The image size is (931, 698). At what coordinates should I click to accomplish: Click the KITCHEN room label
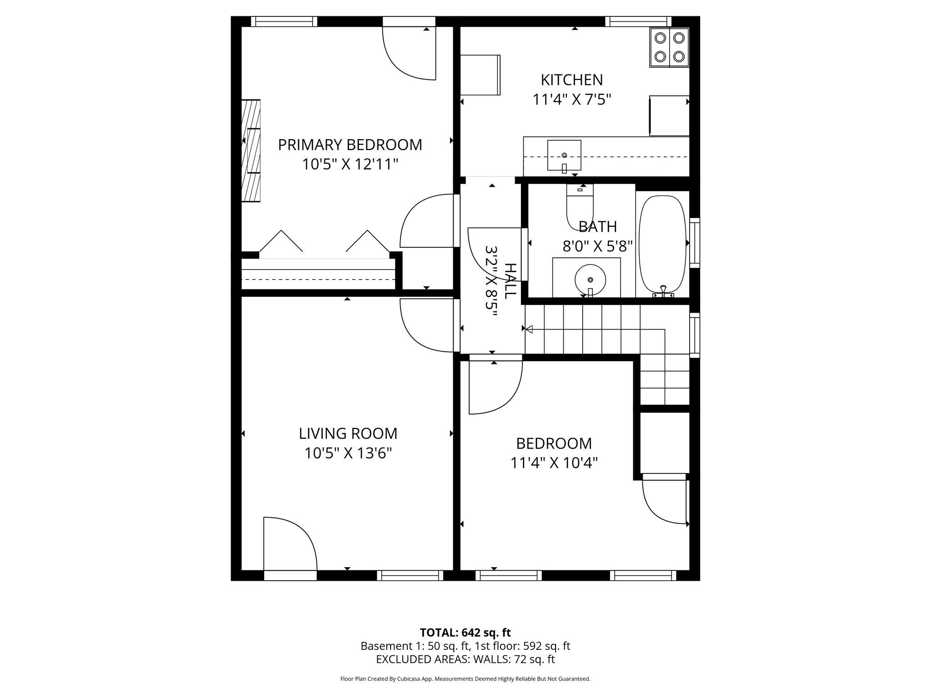571,80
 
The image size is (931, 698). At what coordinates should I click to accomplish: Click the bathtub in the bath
662,244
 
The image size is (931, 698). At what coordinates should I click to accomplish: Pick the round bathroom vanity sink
590,280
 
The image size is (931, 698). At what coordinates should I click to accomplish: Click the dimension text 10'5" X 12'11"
350,164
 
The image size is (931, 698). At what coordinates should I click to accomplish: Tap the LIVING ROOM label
348,434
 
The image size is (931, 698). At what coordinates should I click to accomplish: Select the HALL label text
511,280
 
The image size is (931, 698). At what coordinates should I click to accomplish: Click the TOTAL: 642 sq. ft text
465,633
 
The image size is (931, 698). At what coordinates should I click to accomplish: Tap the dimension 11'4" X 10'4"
554,463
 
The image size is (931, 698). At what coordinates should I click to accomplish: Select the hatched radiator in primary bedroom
250,150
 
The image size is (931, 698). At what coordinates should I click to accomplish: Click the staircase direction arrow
529,329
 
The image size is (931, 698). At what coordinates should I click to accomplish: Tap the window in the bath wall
695,243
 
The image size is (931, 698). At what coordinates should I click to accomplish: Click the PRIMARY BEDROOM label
350,145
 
